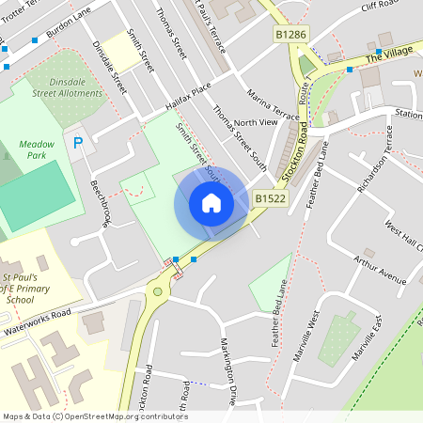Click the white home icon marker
[211, 202]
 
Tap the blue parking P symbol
[78, 143]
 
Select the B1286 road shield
[291, 34]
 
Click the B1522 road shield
[268, 198]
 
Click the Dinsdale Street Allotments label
[67, 86]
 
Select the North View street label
[256, 123]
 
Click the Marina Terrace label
[273, 105]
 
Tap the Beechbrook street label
[101, 203]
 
